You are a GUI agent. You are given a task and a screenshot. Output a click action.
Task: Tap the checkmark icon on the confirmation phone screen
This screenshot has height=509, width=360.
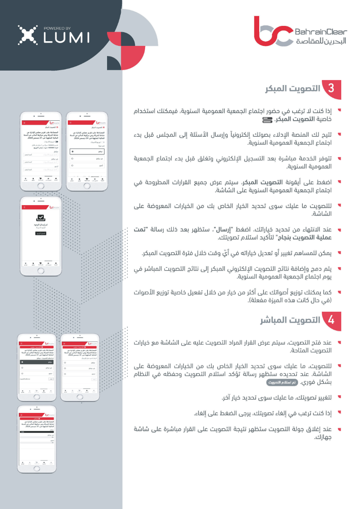point(41,218)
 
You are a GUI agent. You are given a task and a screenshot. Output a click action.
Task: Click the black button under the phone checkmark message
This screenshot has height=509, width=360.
point(41,233)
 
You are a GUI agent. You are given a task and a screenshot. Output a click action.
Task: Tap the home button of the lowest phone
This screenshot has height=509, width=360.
point(37,468)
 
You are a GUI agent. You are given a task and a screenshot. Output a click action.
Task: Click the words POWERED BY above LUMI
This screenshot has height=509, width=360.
point(58,28)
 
